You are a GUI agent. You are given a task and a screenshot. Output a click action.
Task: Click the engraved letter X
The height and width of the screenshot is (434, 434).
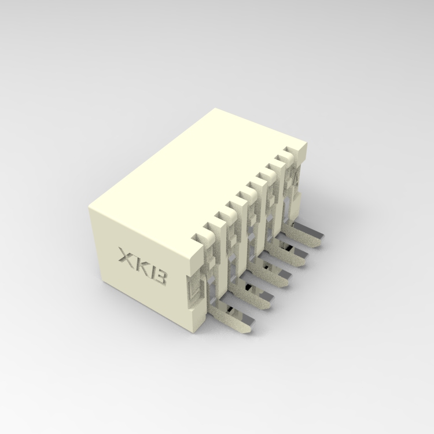[x=126, y=256]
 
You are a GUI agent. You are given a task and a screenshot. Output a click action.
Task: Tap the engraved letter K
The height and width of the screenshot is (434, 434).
[x=142, y=267]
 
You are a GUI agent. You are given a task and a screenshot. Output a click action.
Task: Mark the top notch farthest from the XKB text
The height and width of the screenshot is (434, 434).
[x=286, y=155]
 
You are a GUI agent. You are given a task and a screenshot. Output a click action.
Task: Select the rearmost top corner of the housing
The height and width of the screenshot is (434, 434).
[x=215, y=108]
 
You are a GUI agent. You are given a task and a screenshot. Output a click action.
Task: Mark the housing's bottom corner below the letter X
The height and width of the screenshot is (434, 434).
[x=104, y=284]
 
